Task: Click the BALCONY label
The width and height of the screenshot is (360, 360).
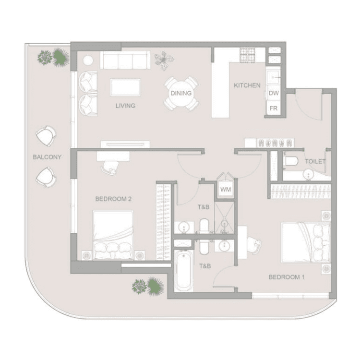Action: [47, 157]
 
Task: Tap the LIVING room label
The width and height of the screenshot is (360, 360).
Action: [125, 106]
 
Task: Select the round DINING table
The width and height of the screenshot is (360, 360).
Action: [181, 93]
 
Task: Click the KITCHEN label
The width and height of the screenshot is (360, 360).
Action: [247, 85]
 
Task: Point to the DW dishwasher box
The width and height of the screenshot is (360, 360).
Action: [274, 93]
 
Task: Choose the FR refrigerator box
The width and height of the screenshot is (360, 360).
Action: [274, 108]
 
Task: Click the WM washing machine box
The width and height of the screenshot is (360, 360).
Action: [225, 190]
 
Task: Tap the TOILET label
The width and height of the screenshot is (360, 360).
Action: [315, 162]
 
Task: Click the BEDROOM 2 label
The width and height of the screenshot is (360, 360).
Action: [113, 199]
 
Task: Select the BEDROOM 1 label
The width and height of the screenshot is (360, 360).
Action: [287, 277]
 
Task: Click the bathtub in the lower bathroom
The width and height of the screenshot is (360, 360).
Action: [183, 271]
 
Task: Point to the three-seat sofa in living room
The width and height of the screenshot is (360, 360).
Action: [124, 61]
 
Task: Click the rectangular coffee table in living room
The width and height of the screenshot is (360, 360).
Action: [125, 87]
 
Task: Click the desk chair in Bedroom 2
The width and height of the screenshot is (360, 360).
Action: [111, 165]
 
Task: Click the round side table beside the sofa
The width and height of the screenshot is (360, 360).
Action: [88, 61]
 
